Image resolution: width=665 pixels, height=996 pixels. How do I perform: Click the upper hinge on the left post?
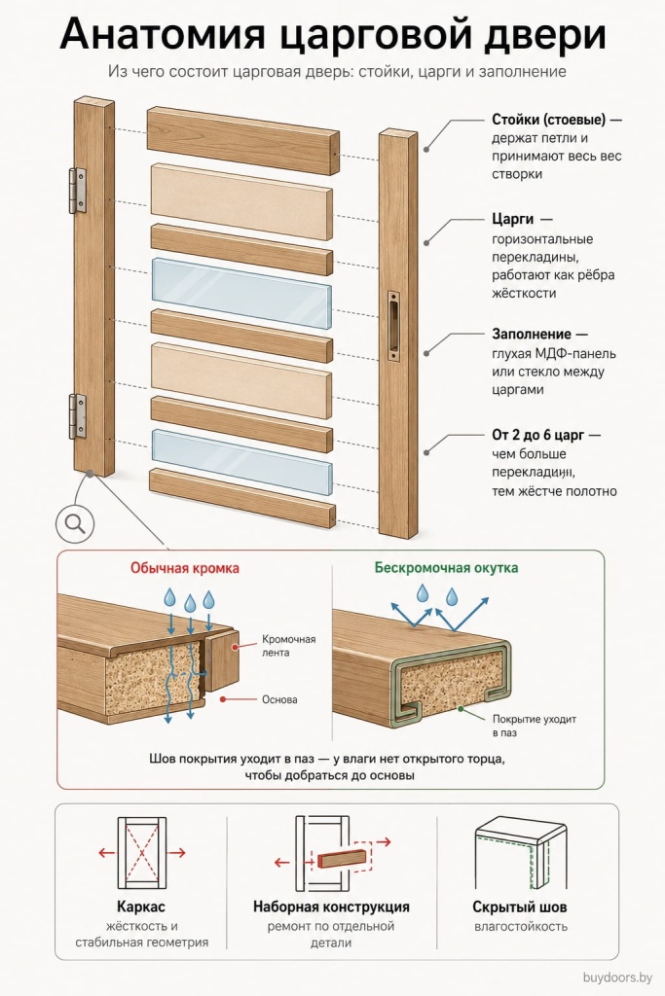tap(77, 190)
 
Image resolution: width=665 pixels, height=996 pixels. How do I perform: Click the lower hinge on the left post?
tap(77, 416)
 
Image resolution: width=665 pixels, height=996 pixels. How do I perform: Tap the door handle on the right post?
tap(394, 329)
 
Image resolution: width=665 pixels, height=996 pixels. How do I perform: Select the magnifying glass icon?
tap(75, 523)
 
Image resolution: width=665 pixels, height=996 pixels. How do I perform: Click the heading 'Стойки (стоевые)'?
tap(549, 120)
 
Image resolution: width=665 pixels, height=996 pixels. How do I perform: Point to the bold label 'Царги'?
tap(512, 219)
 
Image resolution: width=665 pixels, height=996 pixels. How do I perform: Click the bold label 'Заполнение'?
tap(532, 335)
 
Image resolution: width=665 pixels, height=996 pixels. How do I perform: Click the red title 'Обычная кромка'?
tap(185, 568)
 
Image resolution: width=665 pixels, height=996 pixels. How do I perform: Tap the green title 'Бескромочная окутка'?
tap(446, 568)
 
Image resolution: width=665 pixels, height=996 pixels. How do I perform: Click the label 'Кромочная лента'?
tap(288, 646)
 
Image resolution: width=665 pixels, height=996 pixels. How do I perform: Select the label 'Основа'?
tap(279, 699)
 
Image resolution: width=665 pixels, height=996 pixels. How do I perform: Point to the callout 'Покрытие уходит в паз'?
tap(534, 726)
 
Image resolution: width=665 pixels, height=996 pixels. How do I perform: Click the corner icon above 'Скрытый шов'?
tap(521, 854)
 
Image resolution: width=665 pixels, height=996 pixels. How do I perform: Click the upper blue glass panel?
tap(241, 291)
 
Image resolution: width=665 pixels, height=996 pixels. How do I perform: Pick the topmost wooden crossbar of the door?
tap(243, 140)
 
